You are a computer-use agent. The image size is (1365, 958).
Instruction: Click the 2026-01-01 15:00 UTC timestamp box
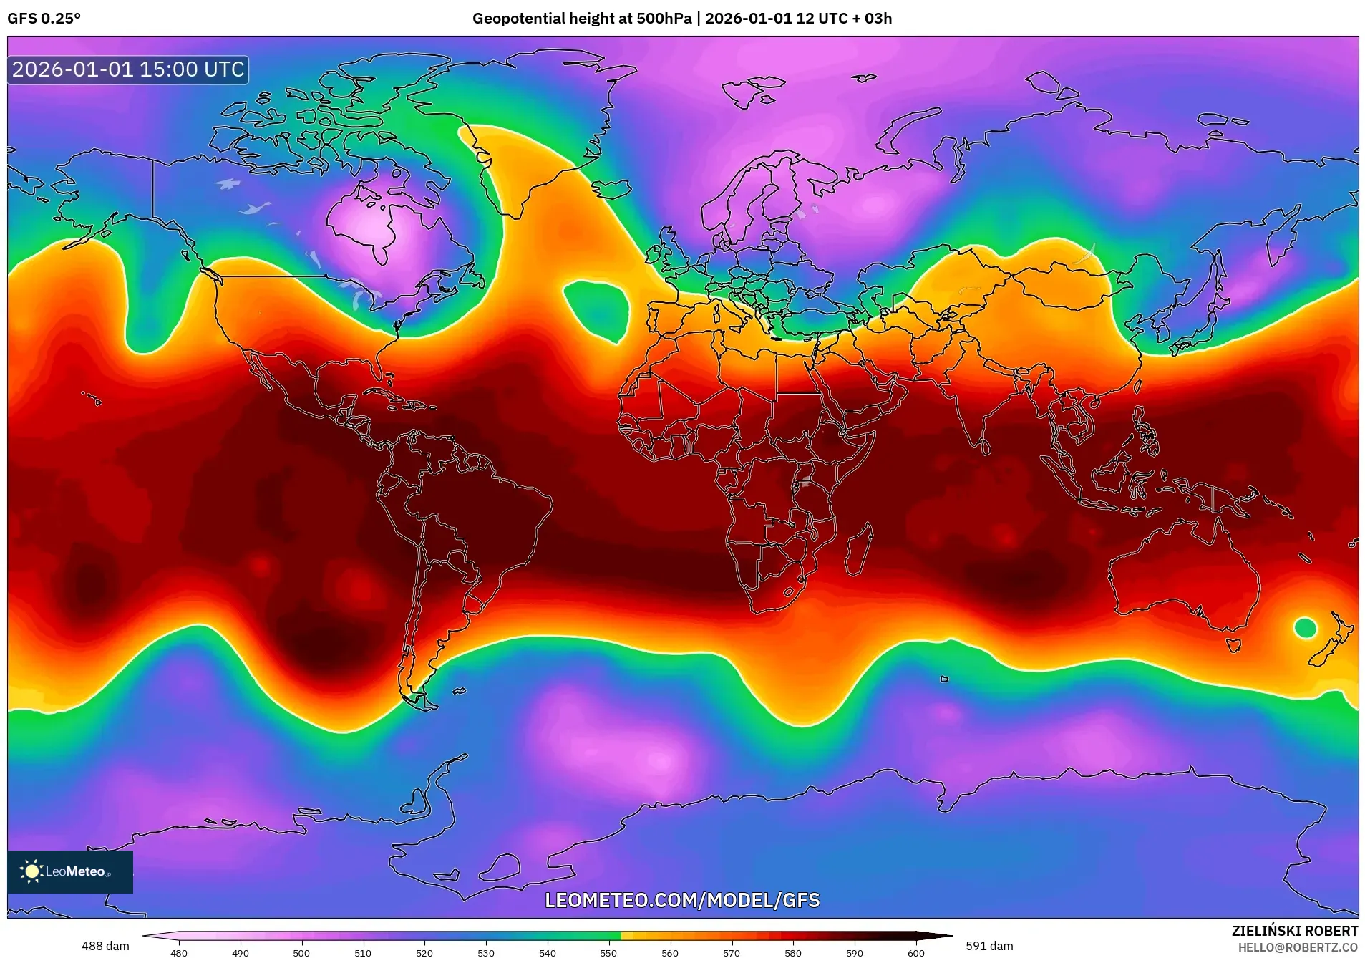click(x=128, y=69)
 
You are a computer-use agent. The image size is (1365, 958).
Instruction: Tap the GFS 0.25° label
click(x=44, y=19)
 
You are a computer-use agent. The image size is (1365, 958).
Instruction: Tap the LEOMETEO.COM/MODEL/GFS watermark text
click(x=682, y=901)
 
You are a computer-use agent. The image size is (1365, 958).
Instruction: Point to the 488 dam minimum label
click(x=105, y=946)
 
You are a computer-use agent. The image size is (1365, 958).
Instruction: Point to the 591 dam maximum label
click(x=989, y=946)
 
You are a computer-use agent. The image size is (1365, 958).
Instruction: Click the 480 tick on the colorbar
click(x=179, y=952)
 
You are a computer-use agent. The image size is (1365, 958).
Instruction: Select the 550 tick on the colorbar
click(x=608, y=952)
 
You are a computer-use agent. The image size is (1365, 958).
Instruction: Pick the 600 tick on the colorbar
click(x=916, y=952)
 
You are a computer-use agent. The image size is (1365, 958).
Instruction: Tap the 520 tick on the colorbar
click(x=424, y=952)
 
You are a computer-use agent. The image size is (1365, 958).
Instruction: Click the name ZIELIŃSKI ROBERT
click(x=1294, y=931)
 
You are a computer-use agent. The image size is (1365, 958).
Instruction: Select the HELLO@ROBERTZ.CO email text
click(x=1298, y=947)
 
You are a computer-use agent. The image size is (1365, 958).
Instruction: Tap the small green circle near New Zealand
click(x=1305, y=628)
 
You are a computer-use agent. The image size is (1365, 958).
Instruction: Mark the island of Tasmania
click(x=1233, y=645)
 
